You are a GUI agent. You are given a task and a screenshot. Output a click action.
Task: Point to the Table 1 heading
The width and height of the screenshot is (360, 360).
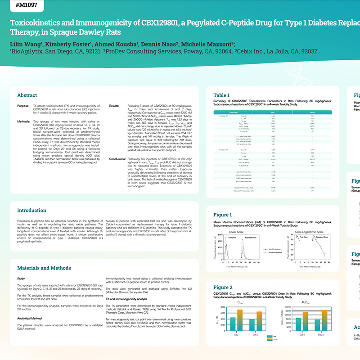coord(221,95)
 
